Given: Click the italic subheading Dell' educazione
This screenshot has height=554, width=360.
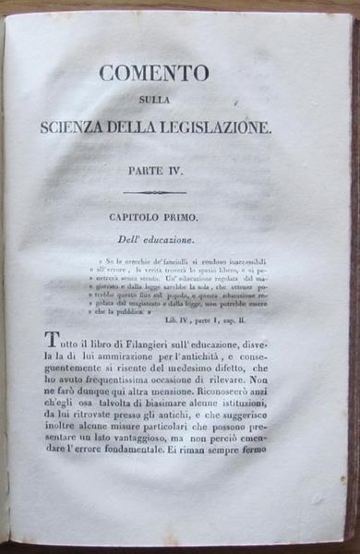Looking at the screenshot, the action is [152, 240].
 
